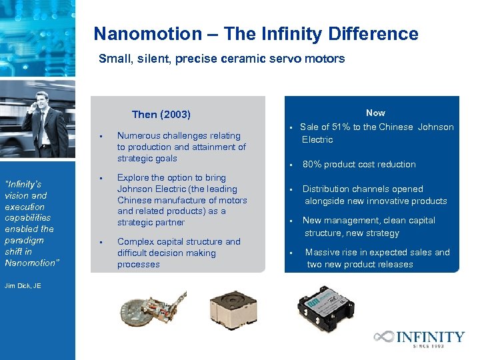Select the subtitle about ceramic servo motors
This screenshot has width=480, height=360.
pos(221,59)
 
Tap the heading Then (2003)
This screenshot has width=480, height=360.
pos(161,115)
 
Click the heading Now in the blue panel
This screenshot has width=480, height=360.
pos(375,113)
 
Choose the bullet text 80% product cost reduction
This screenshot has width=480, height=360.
pos(359,164)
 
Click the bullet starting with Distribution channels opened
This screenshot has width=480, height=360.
pos(374,195)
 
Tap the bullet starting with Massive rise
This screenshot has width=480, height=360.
pos(377,258)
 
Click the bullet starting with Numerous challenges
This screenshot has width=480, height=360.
pos(181,147)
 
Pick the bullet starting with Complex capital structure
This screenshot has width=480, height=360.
pos(179,253)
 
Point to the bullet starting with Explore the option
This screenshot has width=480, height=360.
pos(182,200)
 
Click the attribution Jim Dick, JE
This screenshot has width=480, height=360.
pos(23,285)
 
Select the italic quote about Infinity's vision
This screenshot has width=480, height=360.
pos(31,223)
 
